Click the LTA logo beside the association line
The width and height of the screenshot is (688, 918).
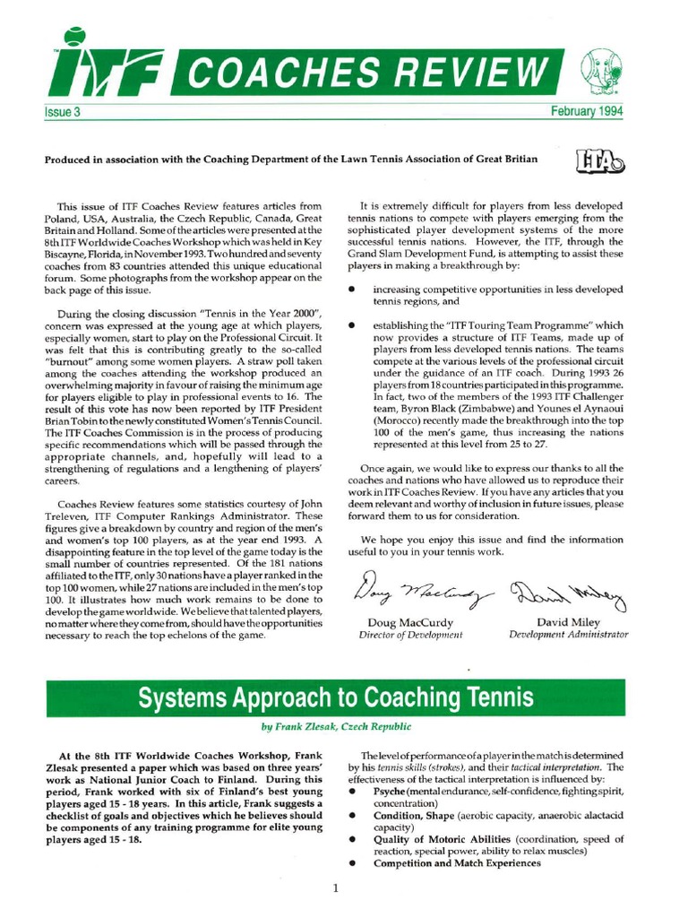pos(596,160)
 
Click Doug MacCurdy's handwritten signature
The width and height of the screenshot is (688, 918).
pos(415,592)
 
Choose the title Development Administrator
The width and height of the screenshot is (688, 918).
pos(569,634)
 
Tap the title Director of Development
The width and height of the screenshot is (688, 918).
pos(411,634)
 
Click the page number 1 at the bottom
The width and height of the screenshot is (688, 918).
pos(334,888)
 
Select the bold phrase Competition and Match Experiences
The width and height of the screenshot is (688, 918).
pos(457,863)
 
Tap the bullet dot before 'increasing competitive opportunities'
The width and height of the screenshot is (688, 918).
pos(353,290)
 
